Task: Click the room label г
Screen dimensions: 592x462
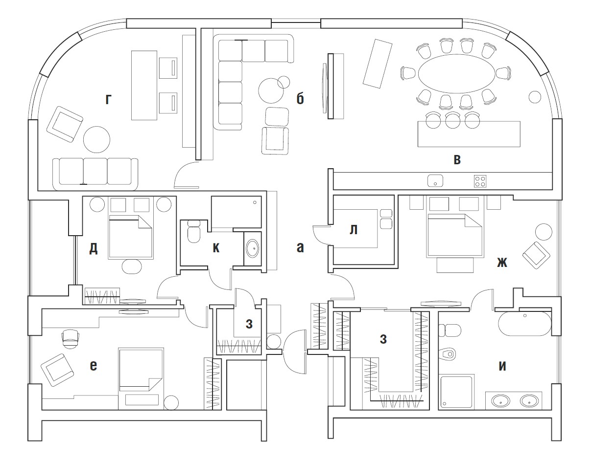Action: [x=108, y=100]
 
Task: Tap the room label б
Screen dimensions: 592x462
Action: [x=300, y=99]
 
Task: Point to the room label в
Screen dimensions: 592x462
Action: [x=457, y=160]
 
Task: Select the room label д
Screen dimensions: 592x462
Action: [x=94, y=248]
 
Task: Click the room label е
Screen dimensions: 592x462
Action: [x=94, y=366]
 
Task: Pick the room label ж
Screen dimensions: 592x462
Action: [x=502, y=263]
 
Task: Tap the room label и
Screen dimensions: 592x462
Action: [x=502, y=366]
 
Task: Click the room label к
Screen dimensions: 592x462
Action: [x=216, y=248]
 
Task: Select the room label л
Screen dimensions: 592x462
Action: [x=354, y=230]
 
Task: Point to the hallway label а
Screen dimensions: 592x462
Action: [x=300, y=247]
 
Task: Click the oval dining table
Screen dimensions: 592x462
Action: [x=457, y=74]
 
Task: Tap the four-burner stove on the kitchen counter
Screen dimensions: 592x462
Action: [x=480, y=181]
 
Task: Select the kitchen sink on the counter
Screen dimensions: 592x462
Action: [x=435, y=181]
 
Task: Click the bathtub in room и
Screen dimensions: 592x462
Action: [x=524, y=324]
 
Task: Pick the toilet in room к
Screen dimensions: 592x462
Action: [x=194, y=231]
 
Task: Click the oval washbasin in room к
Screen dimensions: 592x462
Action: [x=253, y=248]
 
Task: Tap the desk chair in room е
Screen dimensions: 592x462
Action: [x=71, y=338]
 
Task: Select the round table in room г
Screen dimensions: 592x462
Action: [x=97, y=140]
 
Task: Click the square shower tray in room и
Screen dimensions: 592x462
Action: [x=456, y=392]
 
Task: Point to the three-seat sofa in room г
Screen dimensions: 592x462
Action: [x=95, y=174]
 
